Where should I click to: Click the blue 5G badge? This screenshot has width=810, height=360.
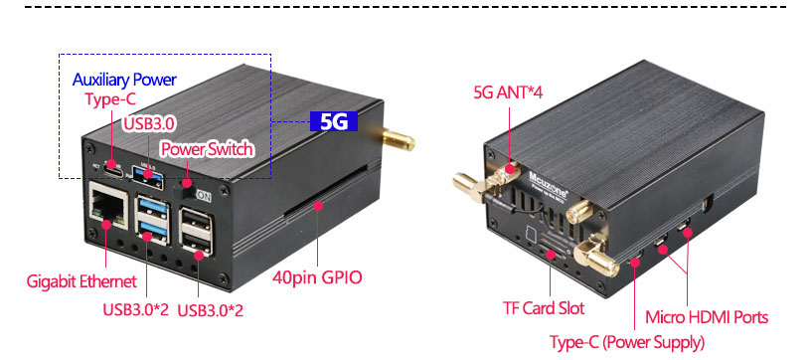tap(333, 121)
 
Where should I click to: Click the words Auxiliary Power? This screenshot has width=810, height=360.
tap(124, 79)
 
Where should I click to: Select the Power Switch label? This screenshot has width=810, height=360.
tap(207, 149)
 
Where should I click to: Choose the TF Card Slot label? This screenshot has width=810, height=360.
tap(542, 308)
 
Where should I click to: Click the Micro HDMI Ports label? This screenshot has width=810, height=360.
tap(707, 317)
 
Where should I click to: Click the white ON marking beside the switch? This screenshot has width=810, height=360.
tap(204, 196)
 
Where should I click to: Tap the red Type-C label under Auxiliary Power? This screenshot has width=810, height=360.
tap(109, 100)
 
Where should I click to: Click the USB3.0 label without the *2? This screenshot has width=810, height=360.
tap(149, 123)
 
